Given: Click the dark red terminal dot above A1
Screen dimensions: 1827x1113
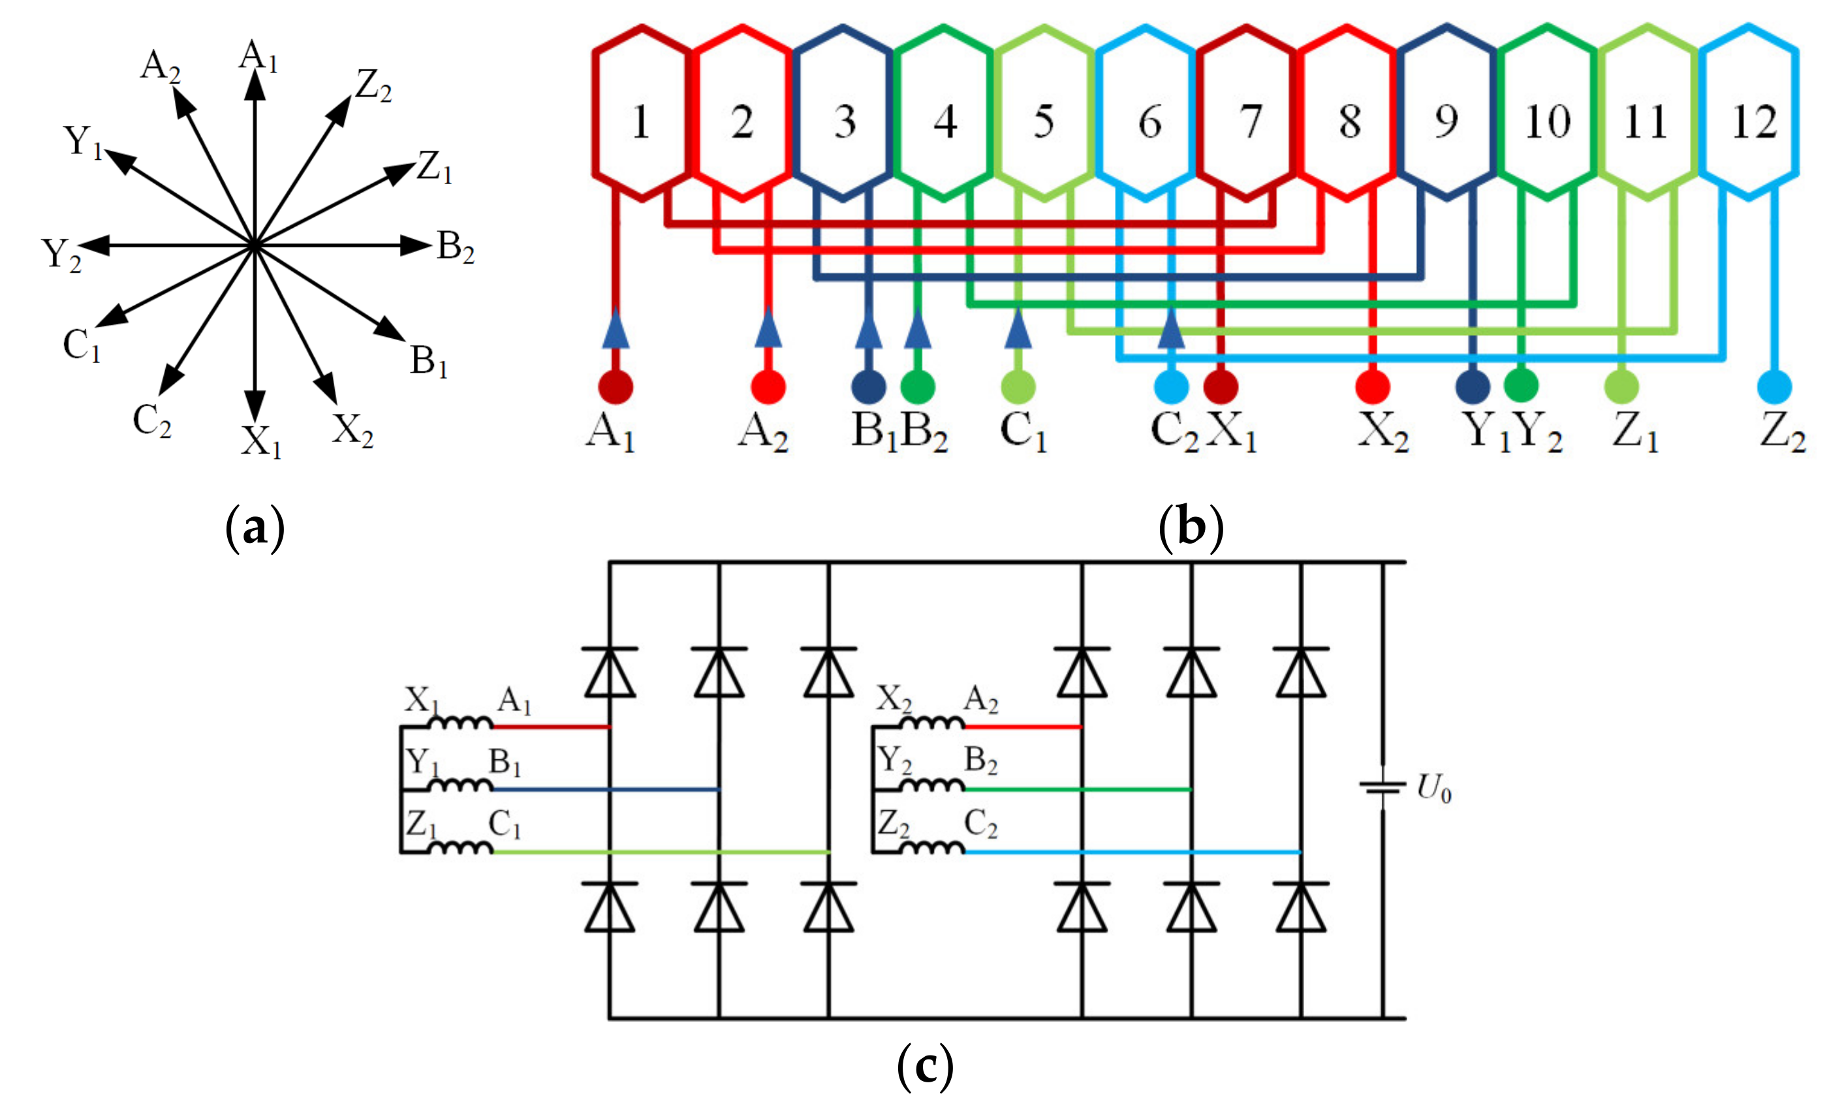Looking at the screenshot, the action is pyautogui.click(x=616, y=387).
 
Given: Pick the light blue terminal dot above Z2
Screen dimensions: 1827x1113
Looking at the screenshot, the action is pyautogui.click(x=1774, y=387).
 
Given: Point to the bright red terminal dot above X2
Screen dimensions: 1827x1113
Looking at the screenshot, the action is pyautogui.click(x=1373, y=387).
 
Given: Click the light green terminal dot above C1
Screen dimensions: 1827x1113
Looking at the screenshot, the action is pyautogui.click(x=1018, y=387).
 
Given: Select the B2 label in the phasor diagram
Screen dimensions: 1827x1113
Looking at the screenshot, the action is pyautogui.click(x=455, y=247).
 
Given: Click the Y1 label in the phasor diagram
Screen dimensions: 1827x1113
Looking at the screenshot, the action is pyautogui.click(x=82, y=142).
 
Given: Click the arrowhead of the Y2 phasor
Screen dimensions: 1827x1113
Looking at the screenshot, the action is pyautogui.click(x=95, y=245).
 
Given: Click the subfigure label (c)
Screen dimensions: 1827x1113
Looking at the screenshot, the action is pyautogui.click(x=925, y=1065).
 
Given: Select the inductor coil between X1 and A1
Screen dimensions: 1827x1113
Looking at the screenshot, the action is pyautogui.click(x=461, y=722).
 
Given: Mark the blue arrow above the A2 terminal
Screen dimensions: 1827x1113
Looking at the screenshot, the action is pyautogui.click(x=768, y=328).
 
